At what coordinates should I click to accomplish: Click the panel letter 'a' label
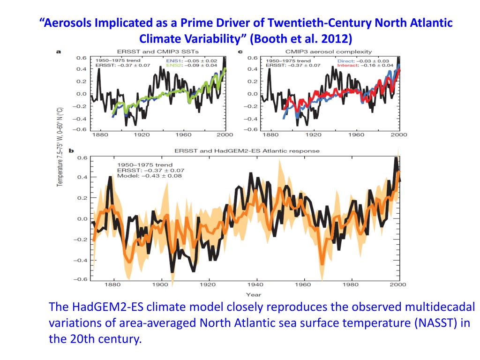point(58,52)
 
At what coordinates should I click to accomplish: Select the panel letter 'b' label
point(72,151)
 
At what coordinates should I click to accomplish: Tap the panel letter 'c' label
point(240,52)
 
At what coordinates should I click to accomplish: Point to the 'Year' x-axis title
point(253,294)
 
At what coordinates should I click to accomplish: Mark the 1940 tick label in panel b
point(255,285)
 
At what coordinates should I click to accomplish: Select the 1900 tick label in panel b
point(160,285)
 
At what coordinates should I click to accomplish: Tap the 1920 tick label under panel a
point(142,135)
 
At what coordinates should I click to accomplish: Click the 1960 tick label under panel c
point(357,135)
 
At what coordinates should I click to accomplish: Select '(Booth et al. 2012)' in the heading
point(300,38)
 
